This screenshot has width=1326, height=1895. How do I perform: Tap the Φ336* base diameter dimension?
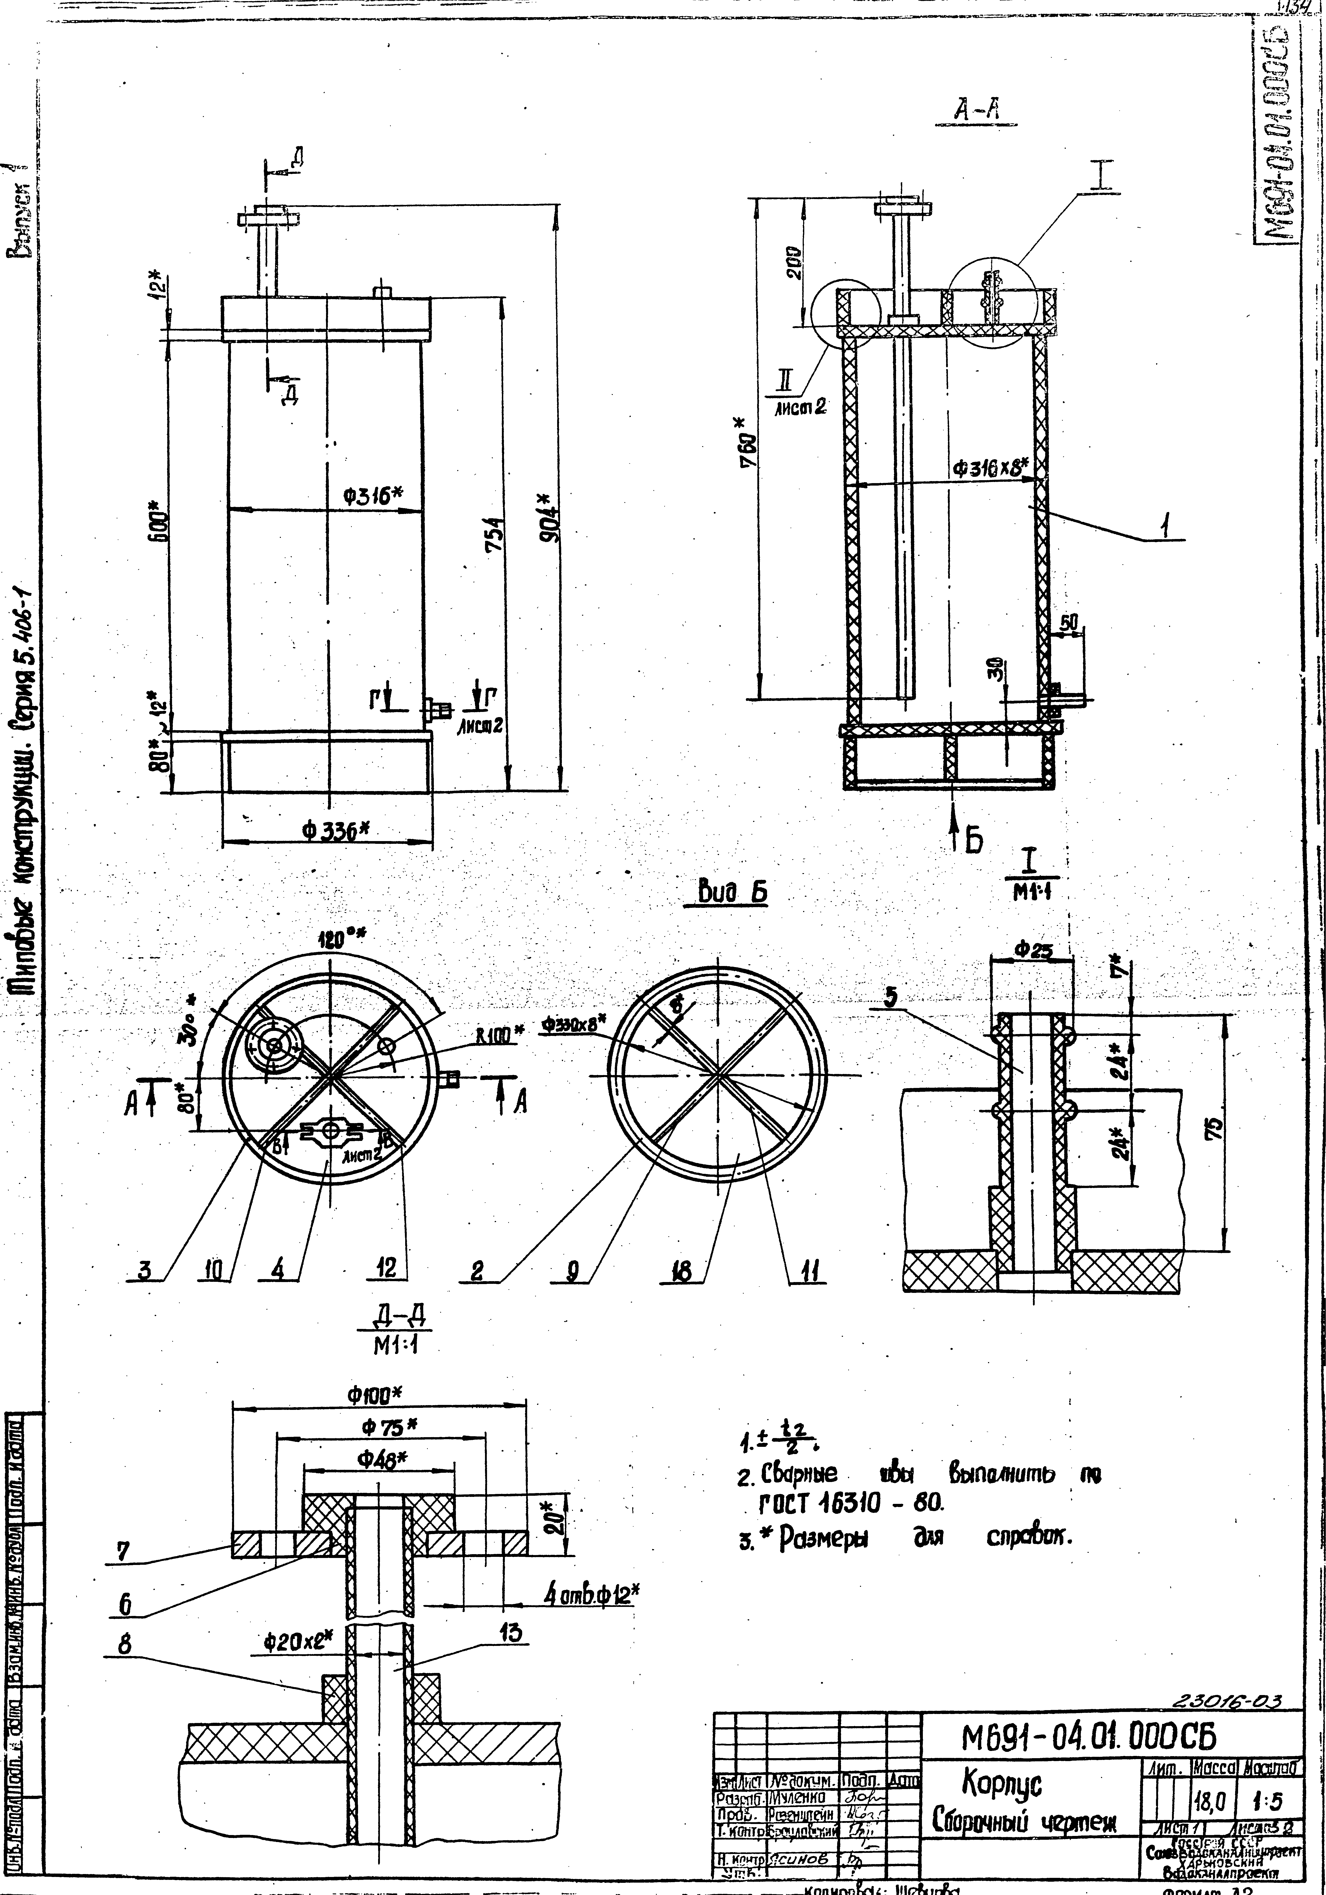click(334, 832)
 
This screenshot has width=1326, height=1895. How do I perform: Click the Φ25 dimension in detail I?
click(1033, 951)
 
